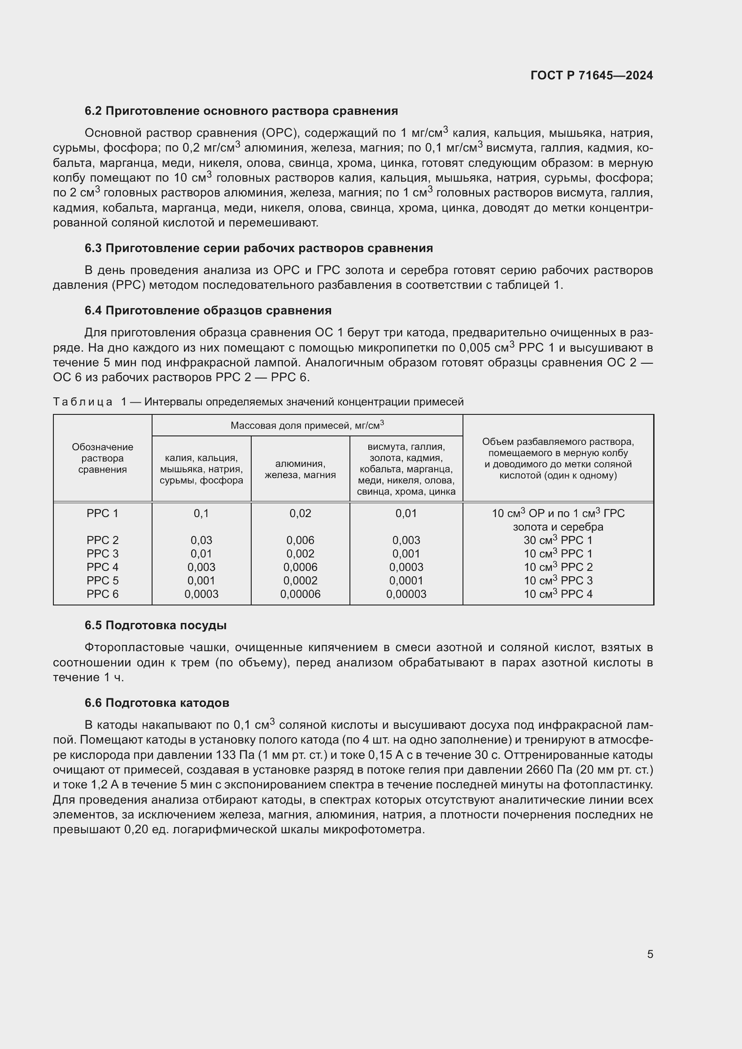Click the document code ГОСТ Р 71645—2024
(591, 75)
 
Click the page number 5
(650, 954)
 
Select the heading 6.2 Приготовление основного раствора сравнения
(241, 111)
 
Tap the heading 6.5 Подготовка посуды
(155, 625)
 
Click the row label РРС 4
(102, 567)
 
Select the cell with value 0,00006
(300, 594)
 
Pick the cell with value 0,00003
(406, 594)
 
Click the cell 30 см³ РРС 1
(558, 540)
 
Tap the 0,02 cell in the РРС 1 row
(300, 513)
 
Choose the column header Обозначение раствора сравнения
(102, 458)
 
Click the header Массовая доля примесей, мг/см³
(307, 425)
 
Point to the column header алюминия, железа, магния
(300, 469)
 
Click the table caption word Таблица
(83, 401)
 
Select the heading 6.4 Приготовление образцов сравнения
(208, 310)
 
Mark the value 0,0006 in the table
(300, 567)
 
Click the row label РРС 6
(102, 594)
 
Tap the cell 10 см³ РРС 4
(558, 594)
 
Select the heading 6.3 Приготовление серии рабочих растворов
(258, 248)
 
